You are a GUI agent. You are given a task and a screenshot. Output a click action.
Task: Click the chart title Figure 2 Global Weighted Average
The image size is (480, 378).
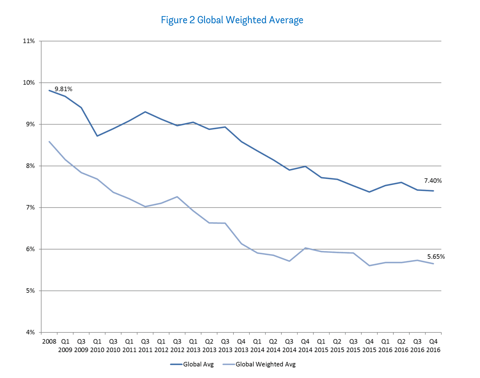pos(232,20)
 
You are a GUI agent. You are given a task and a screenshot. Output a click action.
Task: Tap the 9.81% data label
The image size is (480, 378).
pos(63,89)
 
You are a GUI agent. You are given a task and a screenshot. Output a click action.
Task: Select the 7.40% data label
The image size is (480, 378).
pos(433,181)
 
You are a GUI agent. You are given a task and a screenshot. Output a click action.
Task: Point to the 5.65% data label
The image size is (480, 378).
pos(436,257)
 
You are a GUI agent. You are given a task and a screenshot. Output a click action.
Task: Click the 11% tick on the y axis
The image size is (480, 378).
pos(29,41)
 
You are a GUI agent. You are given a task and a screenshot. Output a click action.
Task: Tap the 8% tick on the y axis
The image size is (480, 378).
pos(30,166)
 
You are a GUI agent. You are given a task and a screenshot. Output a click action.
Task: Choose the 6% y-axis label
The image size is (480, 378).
pos(30,249)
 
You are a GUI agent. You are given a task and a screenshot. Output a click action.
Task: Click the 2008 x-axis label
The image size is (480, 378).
pos(49,342)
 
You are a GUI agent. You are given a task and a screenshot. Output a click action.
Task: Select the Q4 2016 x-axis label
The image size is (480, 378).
pos(433,346)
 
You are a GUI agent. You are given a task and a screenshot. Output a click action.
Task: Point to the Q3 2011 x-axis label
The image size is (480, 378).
pos(145,346)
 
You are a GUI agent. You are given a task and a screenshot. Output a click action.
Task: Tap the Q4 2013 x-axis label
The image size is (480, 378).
pos(241,346)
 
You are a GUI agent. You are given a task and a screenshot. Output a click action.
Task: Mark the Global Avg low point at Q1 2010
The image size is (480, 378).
pos(97,136)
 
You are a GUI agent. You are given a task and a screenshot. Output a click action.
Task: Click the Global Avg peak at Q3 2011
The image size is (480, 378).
pos(145,112)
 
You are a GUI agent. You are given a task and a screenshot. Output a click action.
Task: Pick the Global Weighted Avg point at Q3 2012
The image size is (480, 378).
pos(177,197)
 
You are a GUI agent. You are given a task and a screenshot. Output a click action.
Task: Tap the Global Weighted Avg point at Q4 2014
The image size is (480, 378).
pos(305,248)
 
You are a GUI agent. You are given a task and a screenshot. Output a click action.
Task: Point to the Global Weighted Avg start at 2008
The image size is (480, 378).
pos(49,142)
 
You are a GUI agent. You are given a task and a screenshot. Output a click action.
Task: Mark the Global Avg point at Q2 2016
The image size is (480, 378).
pos(401,182)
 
